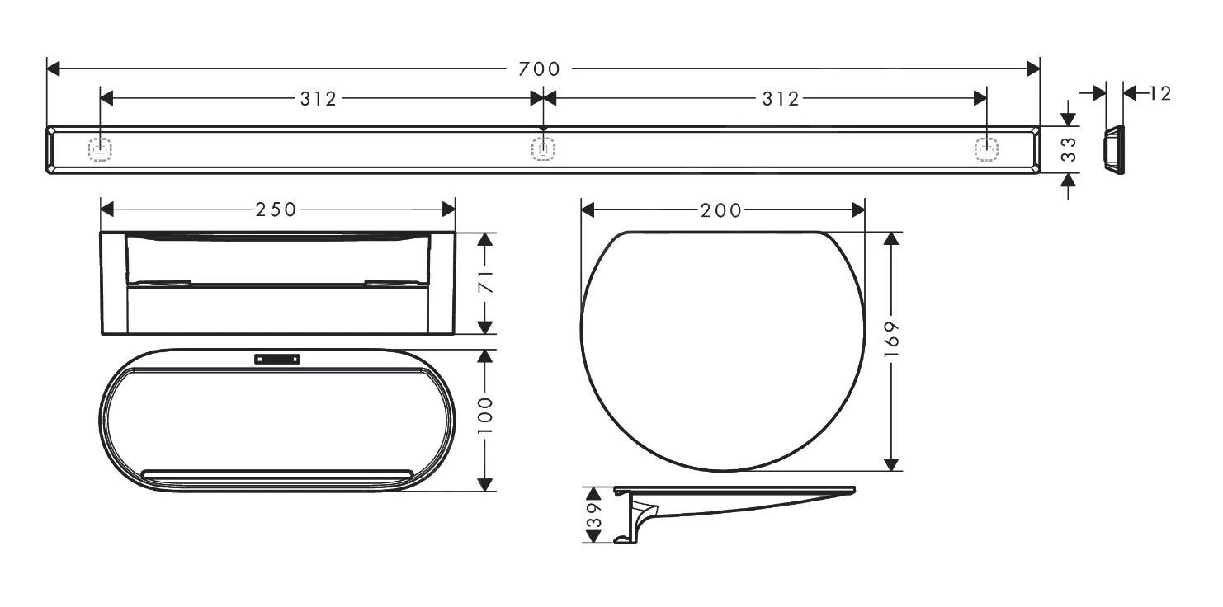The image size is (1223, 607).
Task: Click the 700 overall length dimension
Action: tap(540, 69)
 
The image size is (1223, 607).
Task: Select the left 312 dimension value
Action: tap(318, 99)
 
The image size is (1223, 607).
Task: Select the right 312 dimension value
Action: tap(781, 99)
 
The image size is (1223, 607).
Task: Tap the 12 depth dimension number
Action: tap(1159, 93)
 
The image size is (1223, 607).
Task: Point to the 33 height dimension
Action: tap(1069, 150)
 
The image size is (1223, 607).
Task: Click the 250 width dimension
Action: tap(276, 209)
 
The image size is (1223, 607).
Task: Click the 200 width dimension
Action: tap(720, 210)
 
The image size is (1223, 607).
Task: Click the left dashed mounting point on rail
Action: tap(100, 149)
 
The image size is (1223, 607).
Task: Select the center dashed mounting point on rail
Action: tap(543, 149)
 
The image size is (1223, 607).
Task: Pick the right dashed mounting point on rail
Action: tap(986, 149)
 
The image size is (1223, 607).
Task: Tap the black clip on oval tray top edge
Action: tap(278, 359)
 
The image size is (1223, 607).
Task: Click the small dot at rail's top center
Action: tap(543, 127)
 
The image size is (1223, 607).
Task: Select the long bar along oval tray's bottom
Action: tap(276, 473)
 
